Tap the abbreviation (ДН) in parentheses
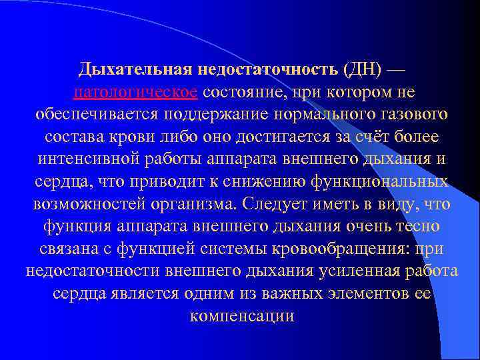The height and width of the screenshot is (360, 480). pyautogui.click(x=363, y=69)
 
